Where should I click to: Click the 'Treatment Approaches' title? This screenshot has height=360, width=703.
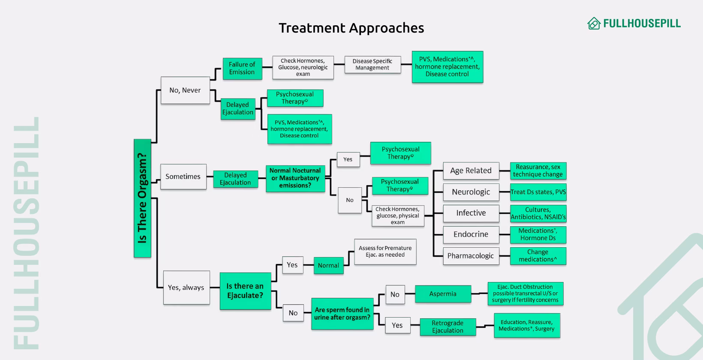click(x=351, y=28)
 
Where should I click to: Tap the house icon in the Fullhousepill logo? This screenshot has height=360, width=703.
click(x=594, y=24)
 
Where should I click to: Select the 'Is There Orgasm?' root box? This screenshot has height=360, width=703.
click(x=142, y=198)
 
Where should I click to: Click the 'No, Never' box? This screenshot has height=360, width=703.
click(x=185, y=90)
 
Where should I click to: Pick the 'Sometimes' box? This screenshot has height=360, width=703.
click(x=183, y=177)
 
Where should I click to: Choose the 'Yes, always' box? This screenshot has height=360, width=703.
click(x=186, y=288)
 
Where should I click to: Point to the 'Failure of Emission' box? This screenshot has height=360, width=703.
click(x=242, y=69)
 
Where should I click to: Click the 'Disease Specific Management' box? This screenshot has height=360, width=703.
click(x=373, y=65)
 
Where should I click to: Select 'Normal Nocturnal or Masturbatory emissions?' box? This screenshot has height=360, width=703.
click(x=295, y=178)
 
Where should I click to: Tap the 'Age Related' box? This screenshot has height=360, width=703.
click(x=471, y=171)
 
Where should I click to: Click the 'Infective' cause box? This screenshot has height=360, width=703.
click(x=471, y=213)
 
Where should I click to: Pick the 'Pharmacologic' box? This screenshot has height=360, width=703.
click(x=471, y=256)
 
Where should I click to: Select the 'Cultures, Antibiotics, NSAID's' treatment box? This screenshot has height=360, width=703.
click(x=538, y=213)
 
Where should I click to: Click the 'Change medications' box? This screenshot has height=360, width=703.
click(x=538, y=256)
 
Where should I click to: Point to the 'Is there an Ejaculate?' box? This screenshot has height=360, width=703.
click(x=246, y=291)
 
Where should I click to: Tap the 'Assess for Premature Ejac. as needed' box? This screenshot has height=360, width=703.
click(x=385, y=252)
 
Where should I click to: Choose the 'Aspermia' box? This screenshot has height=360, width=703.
click(x=443, y=294)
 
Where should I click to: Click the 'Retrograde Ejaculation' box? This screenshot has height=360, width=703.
click(x=448, y=327)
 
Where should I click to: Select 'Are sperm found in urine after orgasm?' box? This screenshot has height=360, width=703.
click(x=342, y=314)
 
